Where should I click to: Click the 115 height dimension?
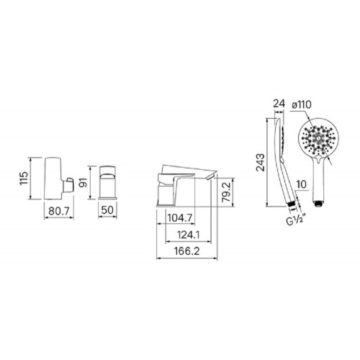[x=24, y=178]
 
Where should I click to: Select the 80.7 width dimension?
[x=59, y=211]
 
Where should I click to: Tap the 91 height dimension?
[x=84, y=182]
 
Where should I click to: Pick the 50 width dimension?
[x=107, y=210]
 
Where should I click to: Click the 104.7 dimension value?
[x=180, y=218]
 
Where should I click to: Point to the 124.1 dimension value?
[x=189, y=235]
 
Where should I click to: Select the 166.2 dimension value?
[x=187, y=251]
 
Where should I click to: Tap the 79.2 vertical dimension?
[x=226, y=192]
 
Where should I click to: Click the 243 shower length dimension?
[x=260, y=162]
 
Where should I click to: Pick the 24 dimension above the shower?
[x=279, y=104]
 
